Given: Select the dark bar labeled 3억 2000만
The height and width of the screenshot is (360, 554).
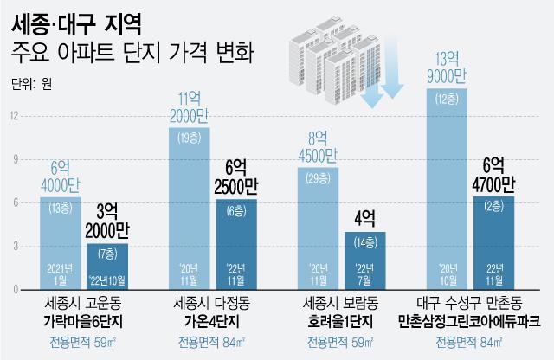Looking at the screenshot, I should point(107,267).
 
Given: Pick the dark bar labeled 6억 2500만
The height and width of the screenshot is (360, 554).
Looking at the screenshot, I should point(235,242).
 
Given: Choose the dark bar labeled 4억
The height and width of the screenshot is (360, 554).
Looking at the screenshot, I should point(364,260).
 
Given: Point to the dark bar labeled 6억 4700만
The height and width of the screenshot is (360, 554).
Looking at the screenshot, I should point(493,242).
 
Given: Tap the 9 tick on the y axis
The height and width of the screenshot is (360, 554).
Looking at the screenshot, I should point(13,158).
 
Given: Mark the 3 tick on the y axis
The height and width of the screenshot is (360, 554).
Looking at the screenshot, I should point(13,247).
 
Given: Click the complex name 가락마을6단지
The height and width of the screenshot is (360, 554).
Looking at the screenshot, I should point(85,321).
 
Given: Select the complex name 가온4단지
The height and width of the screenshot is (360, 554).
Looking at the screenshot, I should point(213,321).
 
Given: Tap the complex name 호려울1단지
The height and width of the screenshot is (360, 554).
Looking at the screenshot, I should point(341,321).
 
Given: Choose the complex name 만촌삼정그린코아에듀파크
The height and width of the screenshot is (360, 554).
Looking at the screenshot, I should point(469,321).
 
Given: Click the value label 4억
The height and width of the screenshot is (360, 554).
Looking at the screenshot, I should point(364,215).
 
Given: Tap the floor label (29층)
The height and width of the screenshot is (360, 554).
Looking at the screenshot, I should point(318,177).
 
